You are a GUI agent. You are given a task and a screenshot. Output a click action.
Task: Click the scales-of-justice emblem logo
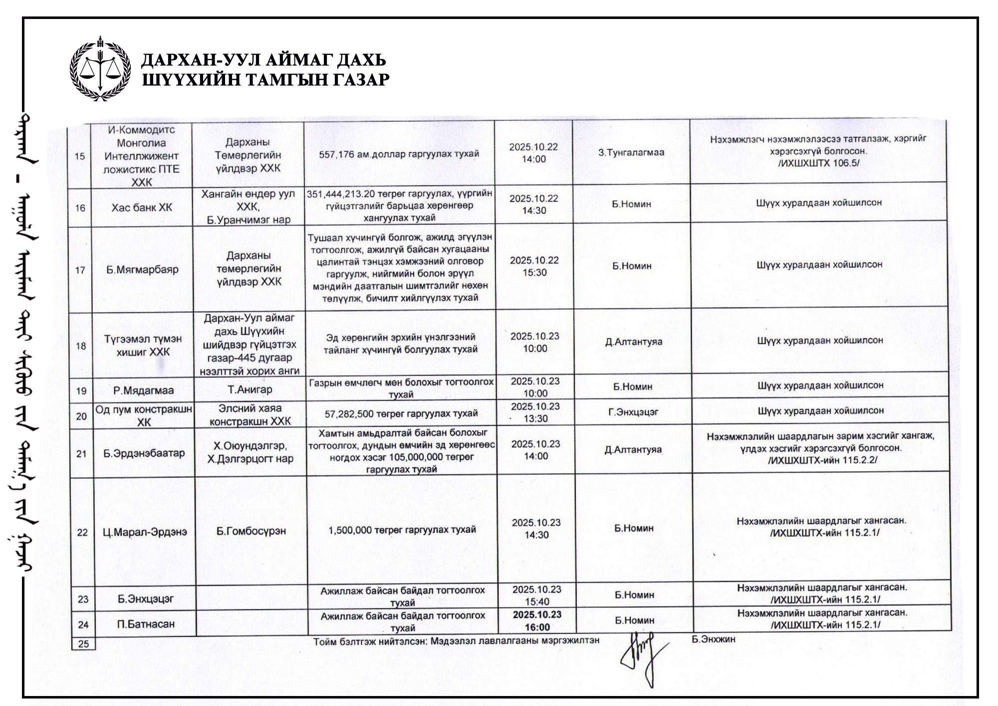tap(100, 69)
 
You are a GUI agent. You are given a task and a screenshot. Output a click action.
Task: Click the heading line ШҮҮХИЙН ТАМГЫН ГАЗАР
tap(265, 79)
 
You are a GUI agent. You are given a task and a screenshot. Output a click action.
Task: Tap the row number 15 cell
tap(80, 156)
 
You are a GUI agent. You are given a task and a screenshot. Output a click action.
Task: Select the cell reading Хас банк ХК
tap(142, 207)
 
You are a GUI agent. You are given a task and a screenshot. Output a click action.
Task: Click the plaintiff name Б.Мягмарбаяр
tap(142, 270)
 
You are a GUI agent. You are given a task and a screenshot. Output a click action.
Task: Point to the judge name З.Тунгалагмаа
tap(631, 152)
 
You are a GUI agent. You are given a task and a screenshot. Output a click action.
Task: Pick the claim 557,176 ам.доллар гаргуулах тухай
tap(399, 154)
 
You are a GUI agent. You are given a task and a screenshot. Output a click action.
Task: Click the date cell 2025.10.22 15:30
tap(534, 266)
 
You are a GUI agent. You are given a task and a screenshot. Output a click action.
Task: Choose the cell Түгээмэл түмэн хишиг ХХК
tap(143, 345)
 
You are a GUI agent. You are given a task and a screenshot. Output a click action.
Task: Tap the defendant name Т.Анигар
tap(249, 389)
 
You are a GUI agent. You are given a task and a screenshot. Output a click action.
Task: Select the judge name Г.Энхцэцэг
tap(633, 412)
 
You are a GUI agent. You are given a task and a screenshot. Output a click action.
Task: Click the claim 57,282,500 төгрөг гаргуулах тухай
tap(401, 413)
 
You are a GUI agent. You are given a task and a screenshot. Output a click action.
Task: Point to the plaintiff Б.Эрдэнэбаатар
tap(144, 453)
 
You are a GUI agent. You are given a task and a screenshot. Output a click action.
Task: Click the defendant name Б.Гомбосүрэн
tap(251, 531)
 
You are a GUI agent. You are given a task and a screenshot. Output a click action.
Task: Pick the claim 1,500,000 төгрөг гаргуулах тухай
tap(402, 530)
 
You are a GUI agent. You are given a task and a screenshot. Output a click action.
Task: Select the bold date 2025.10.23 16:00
tap(537, 621)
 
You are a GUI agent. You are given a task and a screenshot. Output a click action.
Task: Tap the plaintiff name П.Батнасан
tap(146, 624)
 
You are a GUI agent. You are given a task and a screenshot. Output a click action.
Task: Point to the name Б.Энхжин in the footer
tap(714, 639)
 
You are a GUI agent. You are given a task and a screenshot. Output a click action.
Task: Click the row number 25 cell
tap(83, 644)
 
